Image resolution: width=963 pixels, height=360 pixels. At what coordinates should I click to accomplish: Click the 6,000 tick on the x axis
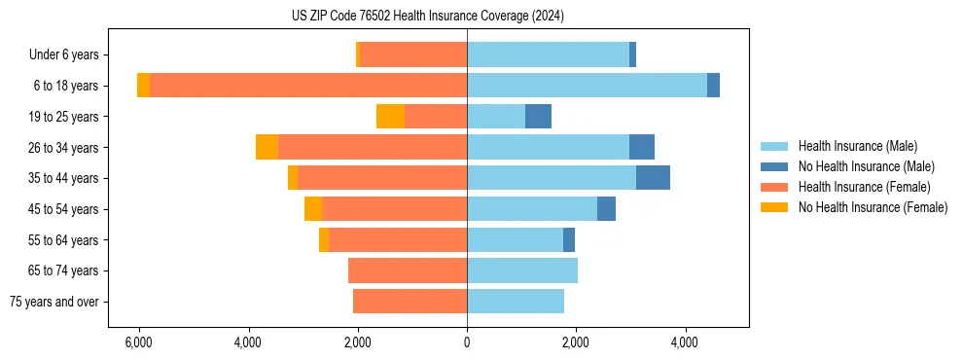click(139, 342)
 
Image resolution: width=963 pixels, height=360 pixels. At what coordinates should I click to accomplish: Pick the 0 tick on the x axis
click(467, 342)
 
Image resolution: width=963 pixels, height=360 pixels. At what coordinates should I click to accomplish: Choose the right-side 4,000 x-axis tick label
click(685, 342)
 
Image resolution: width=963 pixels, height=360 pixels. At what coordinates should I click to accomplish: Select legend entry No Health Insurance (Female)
click(873, 207)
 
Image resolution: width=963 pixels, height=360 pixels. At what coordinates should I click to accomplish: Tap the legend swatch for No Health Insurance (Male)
click(776, 166)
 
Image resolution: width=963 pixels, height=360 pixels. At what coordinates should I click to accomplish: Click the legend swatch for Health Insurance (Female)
click(776, 187)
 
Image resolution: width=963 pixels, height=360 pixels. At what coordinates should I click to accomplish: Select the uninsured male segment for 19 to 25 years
click(538, 117)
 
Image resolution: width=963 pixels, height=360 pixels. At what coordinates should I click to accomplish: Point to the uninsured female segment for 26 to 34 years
click(267, 147)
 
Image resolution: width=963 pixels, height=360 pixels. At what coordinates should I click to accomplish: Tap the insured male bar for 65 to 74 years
click(522, 270)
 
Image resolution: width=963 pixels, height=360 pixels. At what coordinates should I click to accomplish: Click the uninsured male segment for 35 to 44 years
click(653, 178)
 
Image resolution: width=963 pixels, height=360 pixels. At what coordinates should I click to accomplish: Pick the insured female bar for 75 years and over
click(410, 302)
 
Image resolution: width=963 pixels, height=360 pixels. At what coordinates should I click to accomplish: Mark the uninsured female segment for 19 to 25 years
click(390, 117)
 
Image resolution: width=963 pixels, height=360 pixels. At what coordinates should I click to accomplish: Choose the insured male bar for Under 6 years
click(548, 55)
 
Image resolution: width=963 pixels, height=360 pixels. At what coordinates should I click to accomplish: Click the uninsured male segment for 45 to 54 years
click(606, 209)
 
